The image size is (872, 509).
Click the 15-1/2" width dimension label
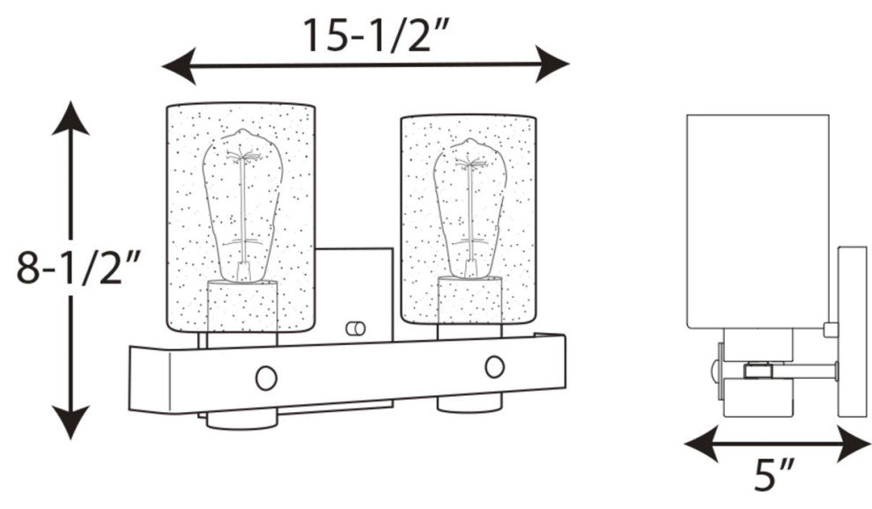[375, 35]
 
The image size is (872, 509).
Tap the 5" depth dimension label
[773, 474]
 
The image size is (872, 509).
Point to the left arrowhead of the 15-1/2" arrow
[179, 66]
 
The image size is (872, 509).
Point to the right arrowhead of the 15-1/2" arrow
[552, 64]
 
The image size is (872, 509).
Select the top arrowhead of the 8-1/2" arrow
[70, 118]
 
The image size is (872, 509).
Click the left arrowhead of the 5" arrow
[702, 444]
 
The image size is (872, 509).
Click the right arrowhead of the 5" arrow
[854, 444]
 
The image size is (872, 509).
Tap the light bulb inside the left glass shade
[242, 204]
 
